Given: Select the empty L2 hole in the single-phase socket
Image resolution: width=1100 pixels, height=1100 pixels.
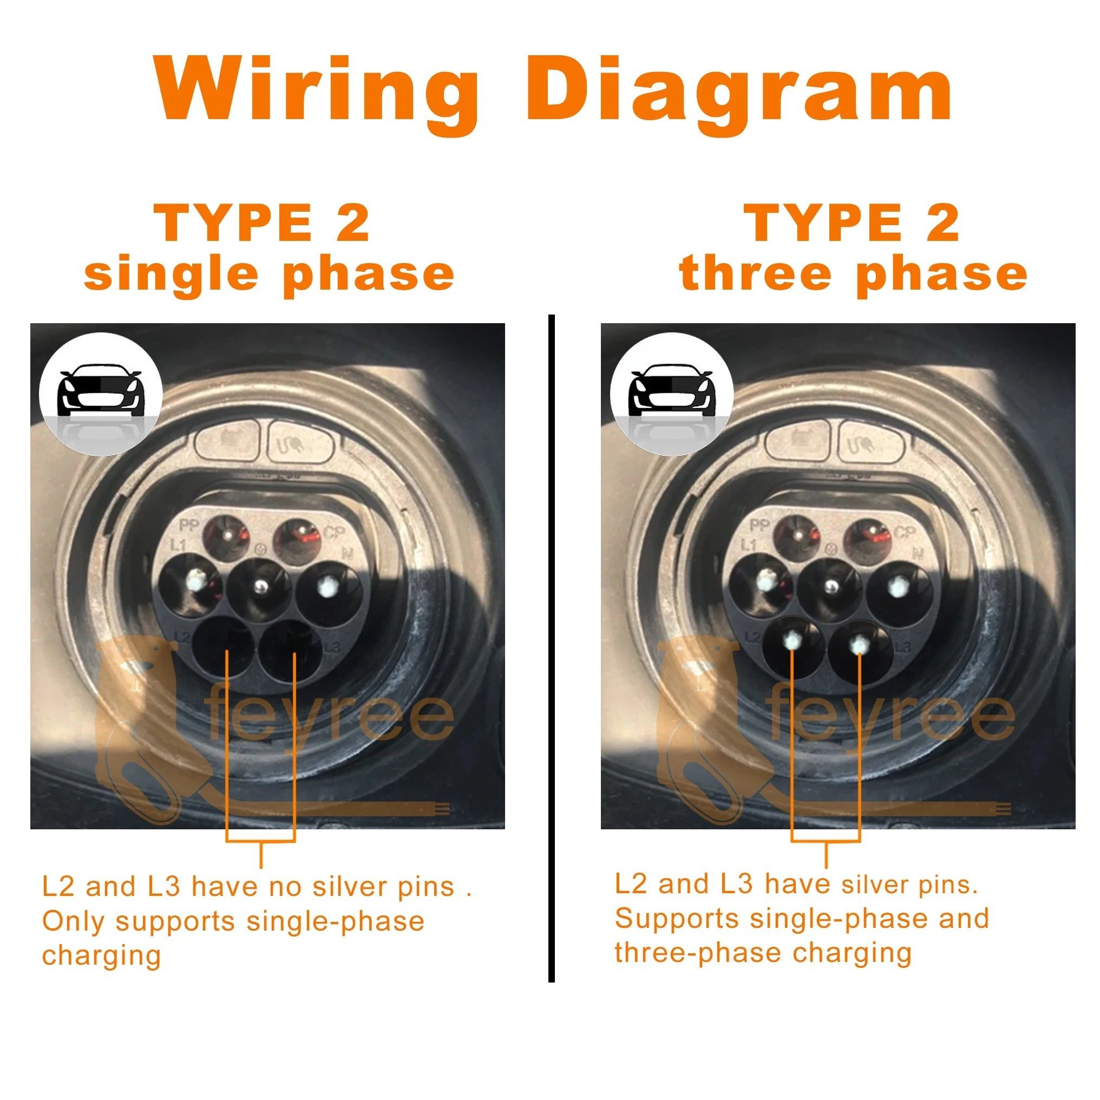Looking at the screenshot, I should click(x=224, y=649).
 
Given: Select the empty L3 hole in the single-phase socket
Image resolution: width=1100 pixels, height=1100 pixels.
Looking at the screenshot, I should click(x=292, y=649).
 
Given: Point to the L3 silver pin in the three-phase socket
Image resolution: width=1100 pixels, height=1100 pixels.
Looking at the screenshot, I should click(x=858, y=644).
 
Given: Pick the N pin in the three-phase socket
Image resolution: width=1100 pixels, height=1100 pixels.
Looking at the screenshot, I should click(x=898, y=586).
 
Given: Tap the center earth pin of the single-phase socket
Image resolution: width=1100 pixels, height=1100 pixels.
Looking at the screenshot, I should click(x=260, y=586).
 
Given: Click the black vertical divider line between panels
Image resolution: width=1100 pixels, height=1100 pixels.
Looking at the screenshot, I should click(x=551, y=649).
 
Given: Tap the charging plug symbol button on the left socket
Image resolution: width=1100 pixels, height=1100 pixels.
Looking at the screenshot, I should click(x=300, y=441).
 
